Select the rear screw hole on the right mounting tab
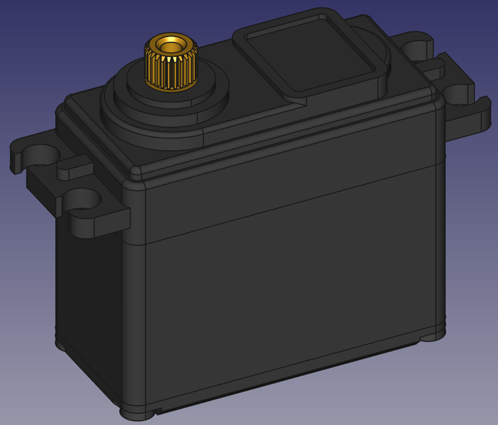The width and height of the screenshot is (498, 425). click(x=418, y=48)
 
